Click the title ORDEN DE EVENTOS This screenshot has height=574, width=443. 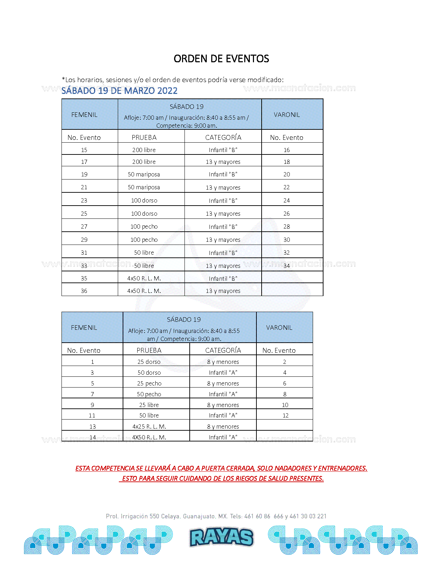[x=221, y=59]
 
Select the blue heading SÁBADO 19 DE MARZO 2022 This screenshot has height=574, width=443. [x=120, y=91]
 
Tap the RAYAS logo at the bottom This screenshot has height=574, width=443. [x=221, y=537]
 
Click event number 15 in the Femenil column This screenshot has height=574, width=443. [x=84, y=150]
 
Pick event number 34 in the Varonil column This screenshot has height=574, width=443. [x=286, y=266]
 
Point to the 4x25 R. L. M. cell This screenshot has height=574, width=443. [x=149, y=426]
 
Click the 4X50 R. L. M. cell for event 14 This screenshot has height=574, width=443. [x=149, y=437]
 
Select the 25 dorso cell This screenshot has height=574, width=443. [x=149, y=362]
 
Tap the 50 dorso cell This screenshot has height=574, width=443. [x=149, y=373]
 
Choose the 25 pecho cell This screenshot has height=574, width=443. [x=149, y=383]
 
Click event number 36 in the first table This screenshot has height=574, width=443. [x=84, y=291]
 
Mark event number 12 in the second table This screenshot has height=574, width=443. [x=285, y=415]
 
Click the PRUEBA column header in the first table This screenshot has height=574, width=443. [x=144, y=137]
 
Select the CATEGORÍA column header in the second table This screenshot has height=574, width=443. [x=223, y=350]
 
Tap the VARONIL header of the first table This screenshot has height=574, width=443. [x=287, y=115]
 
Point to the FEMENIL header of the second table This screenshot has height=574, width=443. [x=84, y=328]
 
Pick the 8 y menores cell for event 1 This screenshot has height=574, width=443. [x=223, y=362]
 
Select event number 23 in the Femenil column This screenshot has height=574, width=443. [x=84, y=200]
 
